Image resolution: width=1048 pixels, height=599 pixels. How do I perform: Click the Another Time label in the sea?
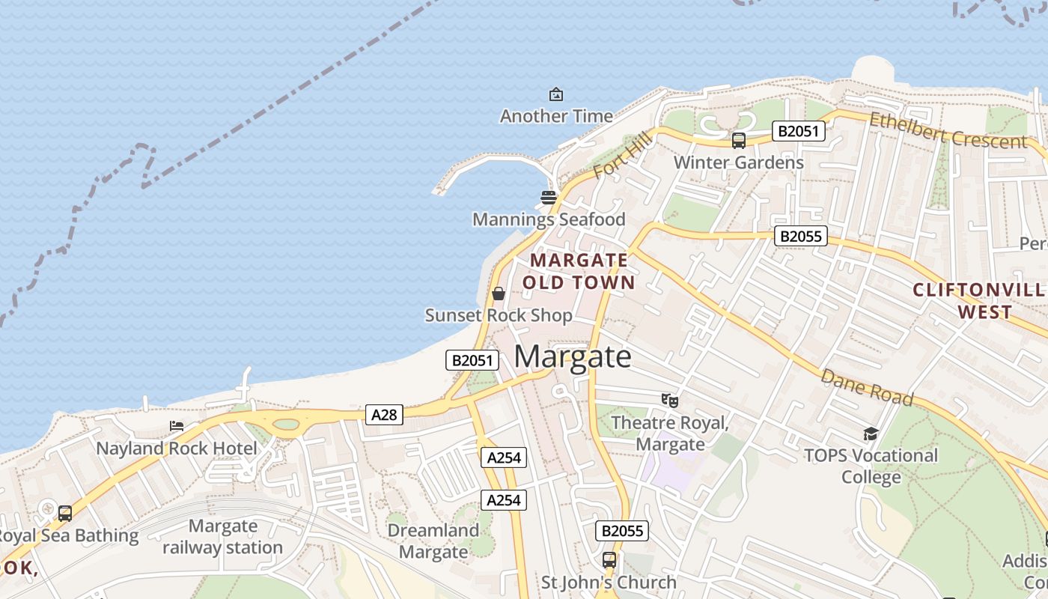pos(556,116)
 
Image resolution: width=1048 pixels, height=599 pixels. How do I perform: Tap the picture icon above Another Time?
pos(556,94)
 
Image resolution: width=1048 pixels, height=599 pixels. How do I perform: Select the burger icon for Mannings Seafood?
pos(549,198)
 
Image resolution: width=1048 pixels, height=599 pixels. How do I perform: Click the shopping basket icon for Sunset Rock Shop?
pos(499,294)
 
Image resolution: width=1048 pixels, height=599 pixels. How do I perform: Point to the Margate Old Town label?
pos(579,271)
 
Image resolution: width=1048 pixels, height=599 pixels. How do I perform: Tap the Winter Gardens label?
pos(738,162)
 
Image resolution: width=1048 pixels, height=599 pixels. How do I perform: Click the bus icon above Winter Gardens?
pos(739,141)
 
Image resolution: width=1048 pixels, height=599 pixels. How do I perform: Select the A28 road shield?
pos(384,414)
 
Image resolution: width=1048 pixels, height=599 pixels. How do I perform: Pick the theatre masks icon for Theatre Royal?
pos(670,401)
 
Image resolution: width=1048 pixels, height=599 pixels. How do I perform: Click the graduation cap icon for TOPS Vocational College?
pos(871,434)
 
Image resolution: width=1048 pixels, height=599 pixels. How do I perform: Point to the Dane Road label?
pos(867,386)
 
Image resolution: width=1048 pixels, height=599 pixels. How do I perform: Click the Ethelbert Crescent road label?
pos(948,131)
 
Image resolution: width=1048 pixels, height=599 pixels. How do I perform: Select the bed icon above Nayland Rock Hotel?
pos(177,426)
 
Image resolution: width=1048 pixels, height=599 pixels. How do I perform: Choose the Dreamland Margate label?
pos(433,541)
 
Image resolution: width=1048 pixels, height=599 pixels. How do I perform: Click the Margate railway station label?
pos(223,537)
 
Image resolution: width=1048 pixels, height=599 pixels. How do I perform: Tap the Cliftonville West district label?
pos(978,301)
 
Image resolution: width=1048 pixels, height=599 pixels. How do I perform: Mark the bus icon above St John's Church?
pos(609,560)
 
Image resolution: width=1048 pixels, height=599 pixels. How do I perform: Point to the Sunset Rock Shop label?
pos(499,315)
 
